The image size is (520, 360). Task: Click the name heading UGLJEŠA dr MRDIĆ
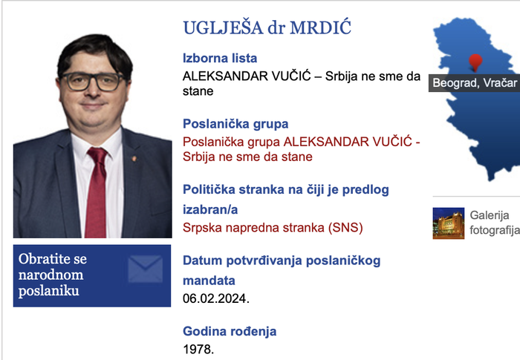(266, 28)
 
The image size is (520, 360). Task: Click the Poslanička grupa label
(235, 124)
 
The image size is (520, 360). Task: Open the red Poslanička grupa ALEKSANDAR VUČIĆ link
(301, 149)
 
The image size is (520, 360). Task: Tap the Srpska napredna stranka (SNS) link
(273, 227)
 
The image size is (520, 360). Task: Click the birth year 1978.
(198, 348)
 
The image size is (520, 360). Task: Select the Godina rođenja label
(230, 332)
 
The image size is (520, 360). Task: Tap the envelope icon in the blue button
(145, 269)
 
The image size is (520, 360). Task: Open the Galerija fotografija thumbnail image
(449, 223)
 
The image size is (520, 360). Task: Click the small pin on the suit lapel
(134, 159)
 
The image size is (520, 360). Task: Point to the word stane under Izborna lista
(198, 92)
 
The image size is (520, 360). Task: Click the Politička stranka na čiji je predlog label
(285, 190)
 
